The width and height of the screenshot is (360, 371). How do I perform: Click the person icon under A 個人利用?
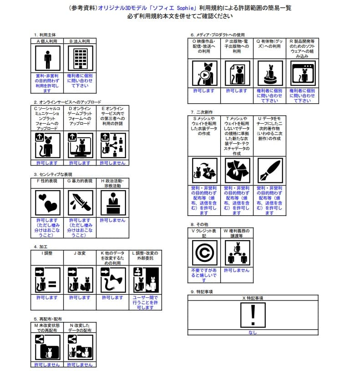point(47,59)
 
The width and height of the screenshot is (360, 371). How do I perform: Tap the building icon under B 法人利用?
point(80,59)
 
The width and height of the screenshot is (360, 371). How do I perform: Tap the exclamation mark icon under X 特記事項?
point(253,315)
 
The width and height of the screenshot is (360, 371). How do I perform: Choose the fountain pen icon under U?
point(269,170)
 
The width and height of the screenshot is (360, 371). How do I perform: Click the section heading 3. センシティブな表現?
point(53,174)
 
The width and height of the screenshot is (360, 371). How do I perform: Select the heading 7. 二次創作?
point(202,112)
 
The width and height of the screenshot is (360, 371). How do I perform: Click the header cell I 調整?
point(47,253)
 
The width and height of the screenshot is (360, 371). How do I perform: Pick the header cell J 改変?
point(80,253)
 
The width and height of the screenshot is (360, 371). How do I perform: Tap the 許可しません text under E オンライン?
point(113,163)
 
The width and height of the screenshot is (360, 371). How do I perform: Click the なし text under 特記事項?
point(253,332)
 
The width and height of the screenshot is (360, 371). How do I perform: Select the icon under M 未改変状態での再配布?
point(47,347)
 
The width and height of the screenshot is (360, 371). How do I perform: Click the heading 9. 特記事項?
point(202,291)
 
